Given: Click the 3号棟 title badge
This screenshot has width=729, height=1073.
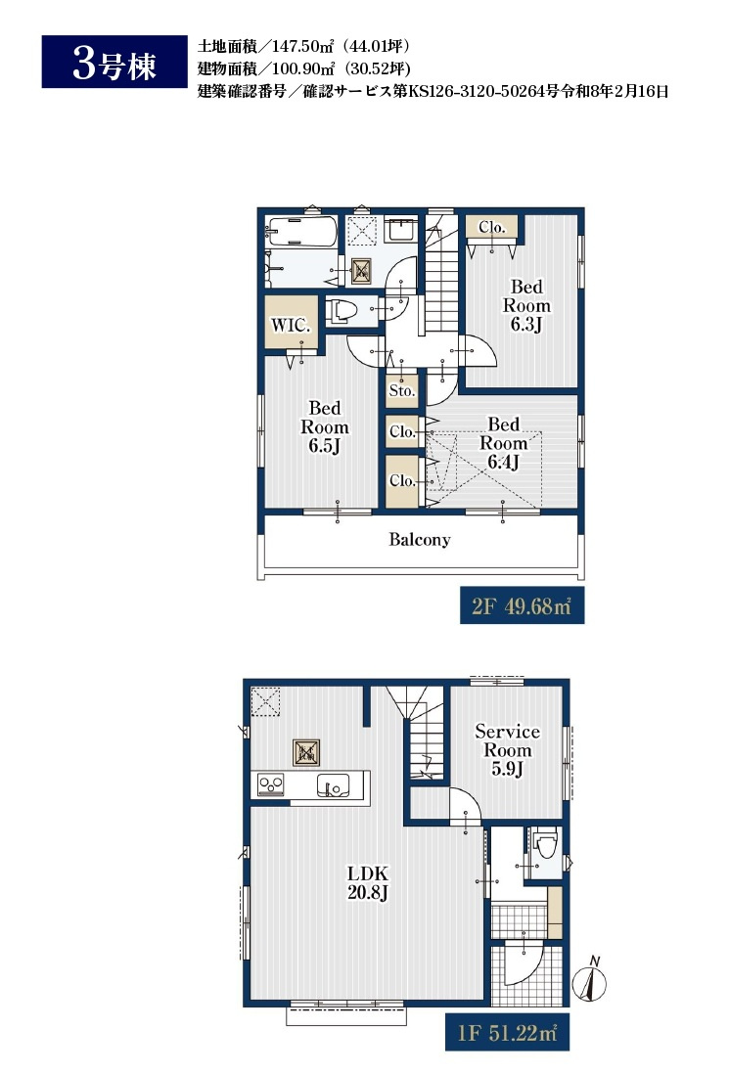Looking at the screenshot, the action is [114, 62].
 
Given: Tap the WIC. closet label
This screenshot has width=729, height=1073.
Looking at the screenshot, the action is [291, 325].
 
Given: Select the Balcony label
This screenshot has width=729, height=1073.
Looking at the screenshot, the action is [420, 540].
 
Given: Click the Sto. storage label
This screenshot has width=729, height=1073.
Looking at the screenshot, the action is [402, 390].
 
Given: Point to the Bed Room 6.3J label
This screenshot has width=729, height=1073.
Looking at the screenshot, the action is [526, 305].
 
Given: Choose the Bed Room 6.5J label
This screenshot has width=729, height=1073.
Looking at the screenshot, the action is [325, 426].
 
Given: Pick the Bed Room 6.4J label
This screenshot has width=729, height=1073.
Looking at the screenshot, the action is [503, 443].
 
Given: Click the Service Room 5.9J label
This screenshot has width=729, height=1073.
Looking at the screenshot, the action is [507, 750].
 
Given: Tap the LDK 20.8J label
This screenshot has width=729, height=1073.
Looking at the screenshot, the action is [368, 883].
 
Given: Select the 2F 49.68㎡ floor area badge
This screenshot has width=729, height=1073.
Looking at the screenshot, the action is [522, 605].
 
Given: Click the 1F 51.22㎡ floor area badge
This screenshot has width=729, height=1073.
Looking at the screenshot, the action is [507, 1032].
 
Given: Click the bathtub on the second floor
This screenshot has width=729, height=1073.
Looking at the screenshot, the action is [301, 232].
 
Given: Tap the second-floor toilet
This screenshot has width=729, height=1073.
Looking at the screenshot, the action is [342, 311].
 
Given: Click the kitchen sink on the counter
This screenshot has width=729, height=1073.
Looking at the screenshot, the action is [334, 784].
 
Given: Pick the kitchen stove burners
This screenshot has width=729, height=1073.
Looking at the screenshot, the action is [271, 784].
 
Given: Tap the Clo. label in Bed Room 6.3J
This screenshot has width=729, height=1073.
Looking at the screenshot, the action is [491, 227].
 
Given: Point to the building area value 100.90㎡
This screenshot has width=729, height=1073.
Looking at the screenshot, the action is [303, 68].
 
